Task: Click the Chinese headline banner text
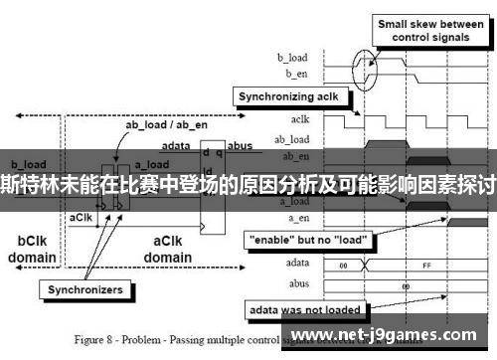248,183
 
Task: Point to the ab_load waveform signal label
292,139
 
